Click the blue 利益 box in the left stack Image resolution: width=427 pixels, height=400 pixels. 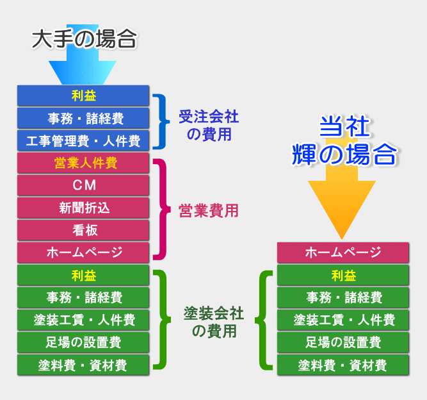(83, 96)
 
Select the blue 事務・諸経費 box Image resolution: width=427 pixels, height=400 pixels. (83, 118)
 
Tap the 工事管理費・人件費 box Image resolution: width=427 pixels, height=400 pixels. (83, 140)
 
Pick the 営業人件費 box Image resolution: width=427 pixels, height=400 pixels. (83, 163)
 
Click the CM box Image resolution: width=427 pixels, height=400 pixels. (83, 185)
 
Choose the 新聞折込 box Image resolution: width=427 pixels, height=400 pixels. (83, 208)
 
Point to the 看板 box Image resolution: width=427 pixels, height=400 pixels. (83, 230)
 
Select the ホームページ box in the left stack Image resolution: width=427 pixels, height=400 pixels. (83, 253)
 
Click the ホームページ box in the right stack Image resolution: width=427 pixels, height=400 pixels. (343, 253)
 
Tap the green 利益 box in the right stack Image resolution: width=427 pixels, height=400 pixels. (343, 275)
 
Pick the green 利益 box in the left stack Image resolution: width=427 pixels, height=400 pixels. (83, 275)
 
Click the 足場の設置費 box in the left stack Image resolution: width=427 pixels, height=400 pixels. (83, 342)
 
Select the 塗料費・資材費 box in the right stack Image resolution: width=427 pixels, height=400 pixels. (343, 365)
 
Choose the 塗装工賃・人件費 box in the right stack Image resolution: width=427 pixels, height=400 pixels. (343, 320)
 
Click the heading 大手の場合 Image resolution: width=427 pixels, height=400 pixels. (84, 39)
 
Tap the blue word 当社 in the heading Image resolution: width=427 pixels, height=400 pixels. (344, 126)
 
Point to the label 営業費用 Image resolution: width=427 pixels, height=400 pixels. (209, 211)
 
